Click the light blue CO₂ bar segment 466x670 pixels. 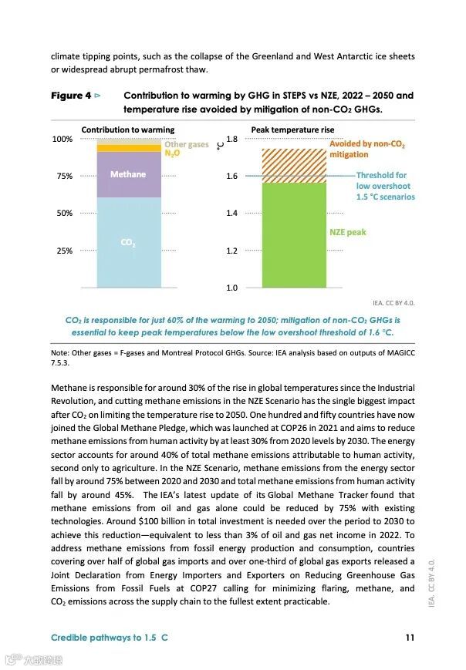pyautogui.click(x=129, y=242)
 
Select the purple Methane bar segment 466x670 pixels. pyautogui.click(x=129, y=174)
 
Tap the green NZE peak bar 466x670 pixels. pyautogui.click(x=294, y=234)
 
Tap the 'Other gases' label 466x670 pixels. pyautogui.click(x=186, y=144)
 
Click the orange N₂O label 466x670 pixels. pyautogui.click(x=172, y=153)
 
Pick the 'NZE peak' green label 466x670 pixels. pyautogui.click(x=347, y=232)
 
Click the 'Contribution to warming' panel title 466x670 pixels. pyautogui.click(x=127, y=130)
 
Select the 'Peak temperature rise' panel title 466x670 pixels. pyautogui.click(x=292, y=130)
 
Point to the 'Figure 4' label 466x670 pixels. pyautogui.click(x=71, y=96)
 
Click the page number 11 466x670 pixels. pyautogui.click(x=410, y=638)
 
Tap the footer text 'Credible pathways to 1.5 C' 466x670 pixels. pyautogui.click(x=109, y=638)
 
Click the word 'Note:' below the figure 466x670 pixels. pyautogui.click(x=60, y=353)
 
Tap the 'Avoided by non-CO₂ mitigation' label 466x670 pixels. pyautogui.click(x=366, y=149)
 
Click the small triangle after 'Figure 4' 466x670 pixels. pyautogui.click(x=97, y=96)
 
